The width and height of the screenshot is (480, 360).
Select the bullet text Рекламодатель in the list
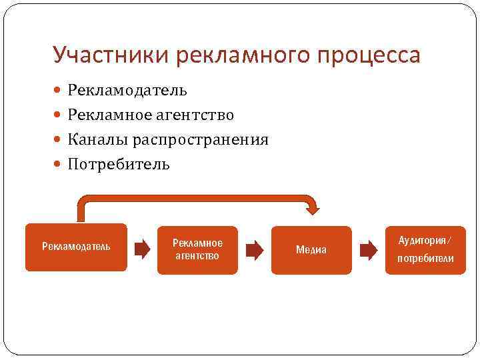point(127,90)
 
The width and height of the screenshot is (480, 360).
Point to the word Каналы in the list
point(97,139)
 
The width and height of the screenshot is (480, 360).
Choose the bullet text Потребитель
point(119,164)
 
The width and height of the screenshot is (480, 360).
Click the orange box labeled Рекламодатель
point(76,247)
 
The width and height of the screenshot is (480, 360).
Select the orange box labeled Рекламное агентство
point(197,249)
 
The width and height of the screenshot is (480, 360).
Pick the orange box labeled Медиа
point(311,250)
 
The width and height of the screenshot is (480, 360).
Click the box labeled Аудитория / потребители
point(425,249)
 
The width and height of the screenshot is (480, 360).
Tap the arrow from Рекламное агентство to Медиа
point(255,250)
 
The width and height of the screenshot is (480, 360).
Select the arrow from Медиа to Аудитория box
point(368,250)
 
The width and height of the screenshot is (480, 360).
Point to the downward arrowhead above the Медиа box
point(311,208)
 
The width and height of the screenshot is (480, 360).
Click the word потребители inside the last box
point(425,258)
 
